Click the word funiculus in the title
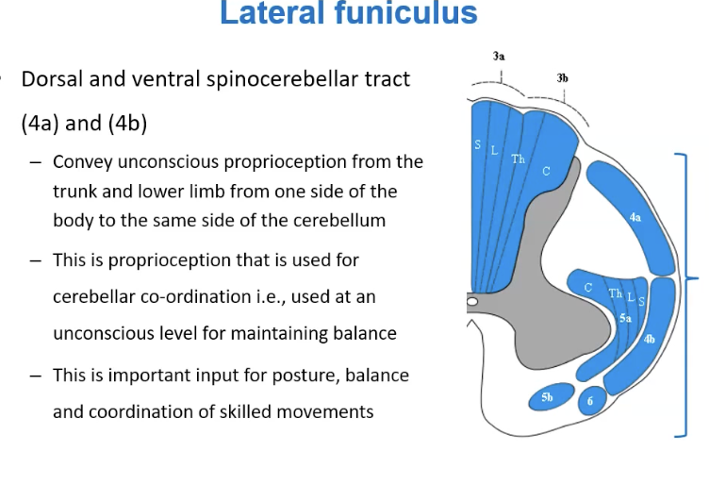tap(406, 12)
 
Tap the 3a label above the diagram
tap(499, 56)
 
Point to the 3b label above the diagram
tap(562, 78)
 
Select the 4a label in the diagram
tap(635, 218)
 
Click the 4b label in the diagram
tap(650, 339)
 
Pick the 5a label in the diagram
tap(625, 319)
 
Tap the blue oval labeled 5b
tap(552, 397)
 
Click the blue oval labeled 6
tap(592, 400)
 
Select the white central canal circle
tap(471, 301)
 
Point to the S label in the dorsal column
tap(477, 144)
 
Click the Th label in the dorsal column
tap(519, 159)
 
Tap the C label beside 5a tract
tap(587, 288)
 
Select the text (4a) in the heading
tap(41, 123)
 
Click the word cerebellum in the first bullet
tap(339, 221)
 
